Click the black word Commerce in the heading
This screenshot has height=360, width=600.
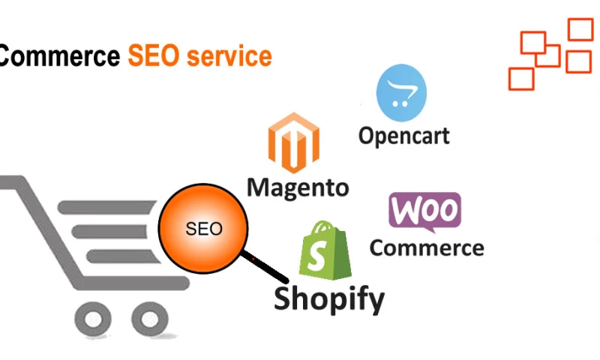click(60, 56)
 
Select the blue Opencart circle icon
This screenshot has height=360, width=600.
click(400, 93)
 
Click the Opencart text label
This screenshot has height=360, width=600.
click(403, 136)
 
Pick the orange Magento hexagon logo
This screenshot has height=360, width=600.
click(293, 143)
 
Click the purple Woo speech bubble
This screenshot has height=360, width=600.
click(424, 212)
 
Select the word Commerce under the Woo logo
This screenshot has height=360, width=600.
click(426, 247)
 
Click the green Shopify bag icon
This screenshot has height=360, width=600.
click(326, 250)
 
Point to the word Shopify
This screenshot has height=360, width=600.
click(328, 298)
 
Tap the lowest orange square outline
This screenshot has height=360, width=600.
click(520, 79)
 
